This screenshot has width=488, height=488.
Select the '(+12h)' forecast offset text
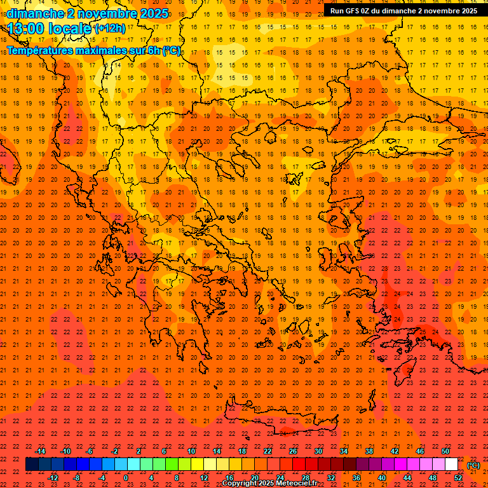(109, 29)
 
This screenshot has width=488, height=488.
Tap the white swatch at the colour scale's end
(451, 464)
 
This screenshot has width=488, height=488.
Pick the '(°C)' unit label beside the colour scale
(473, 465)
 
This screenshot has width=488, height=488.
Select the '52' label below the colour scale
(458, 478)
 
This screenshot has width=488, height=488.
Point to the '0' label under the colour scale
(126, 478)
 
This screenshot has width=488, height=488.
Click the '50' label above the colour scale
(445, 451)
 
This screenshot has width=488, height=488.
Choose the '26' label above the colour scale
(293, 451)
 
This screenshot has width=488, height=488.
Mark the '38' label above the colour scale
(369, 451)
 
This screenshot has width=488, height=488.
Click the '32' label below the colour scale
(331, 478)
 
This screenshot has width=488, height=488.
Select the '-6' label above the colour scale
(90, 451)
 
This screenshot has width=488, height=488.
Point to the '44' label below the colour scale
(407, 478)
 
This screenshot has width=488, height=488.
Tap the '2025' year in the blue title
(153, 13)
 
